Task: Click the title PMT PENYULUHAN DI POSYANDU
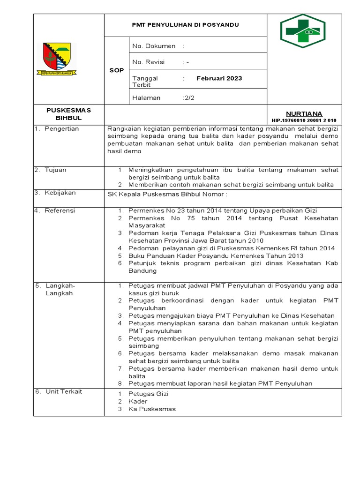tap(185, 25)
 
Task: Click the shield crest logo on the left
tap(57, 59)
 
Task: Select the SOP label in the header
tap(116, 70)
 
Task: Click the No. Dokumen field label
tap(154, 46)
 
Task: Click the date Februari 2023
tap(219, 78)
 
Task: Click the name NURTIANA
tap(304, 113)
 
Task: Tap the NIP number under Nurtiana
tap(304, 120)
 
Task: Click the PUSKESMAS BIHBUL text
tap(68, 114)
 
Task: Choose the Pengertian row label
tap(61, 129)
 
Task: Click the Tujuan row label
tap(55, 170)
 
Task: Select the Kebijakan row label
tap(60, 193)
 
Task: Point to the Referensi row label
tap(60, 210)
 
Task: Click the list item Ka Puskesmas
tap(152, 409)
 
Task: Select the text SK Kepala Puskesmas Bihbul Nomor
tap(167, 195)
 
